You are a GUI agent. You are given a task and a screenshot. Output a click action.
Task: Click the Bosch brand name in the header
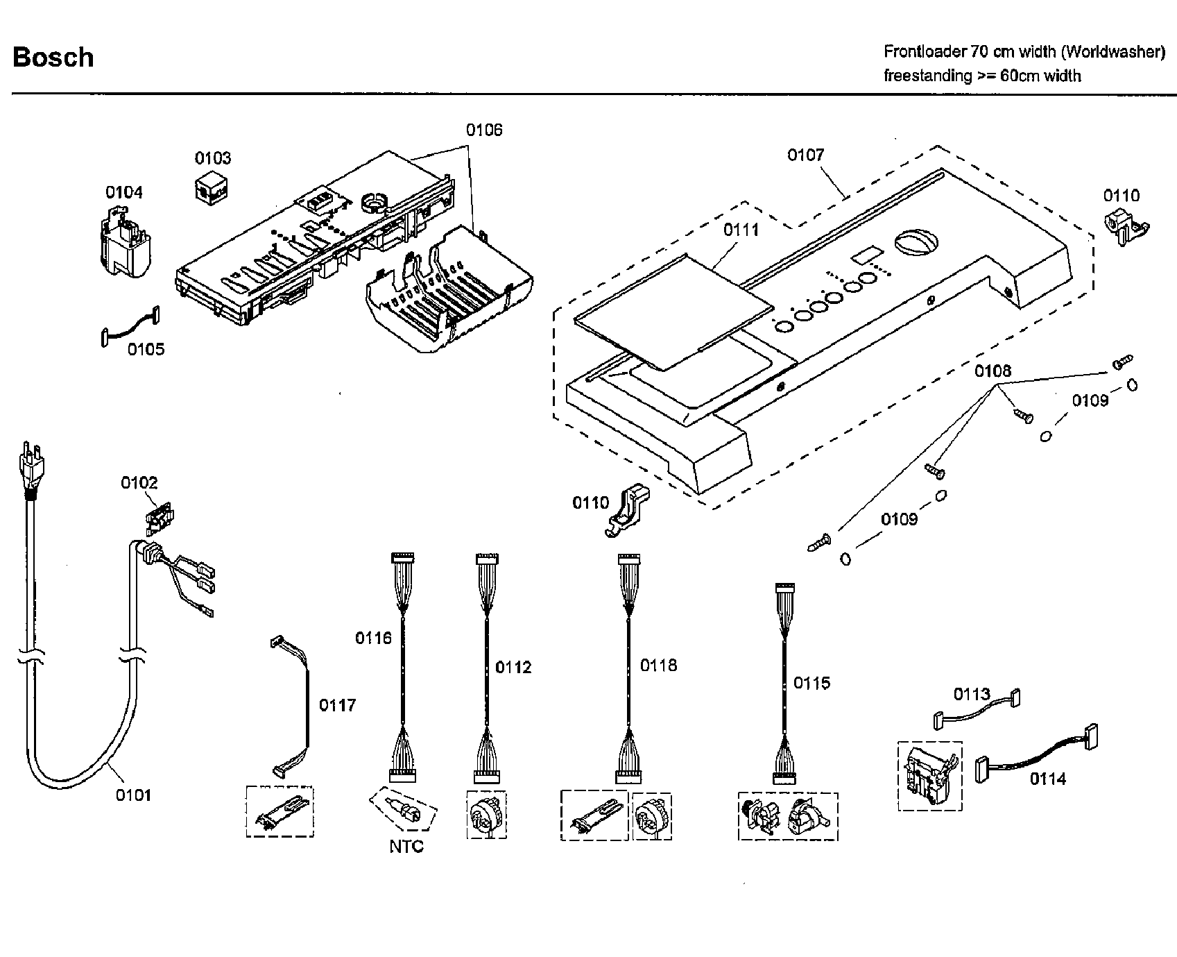53,57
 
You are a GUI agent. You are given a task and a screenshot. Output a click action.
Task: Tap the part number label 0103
213,158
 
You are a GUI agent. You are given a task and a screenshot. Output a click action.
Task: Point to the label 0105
146,349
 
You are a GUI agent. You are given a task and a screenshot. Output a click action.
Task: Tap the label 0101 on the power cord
133,795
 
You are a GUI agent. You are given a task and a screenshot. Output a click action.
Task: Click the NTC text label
406,847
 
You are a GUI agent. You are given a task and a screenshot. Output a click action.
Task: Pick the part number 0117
337,705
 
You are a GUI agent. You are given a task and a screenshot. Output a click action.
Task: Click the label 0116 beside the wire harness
373,638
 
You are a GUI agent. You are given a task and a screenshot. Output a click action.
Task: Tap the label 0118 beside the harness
658,666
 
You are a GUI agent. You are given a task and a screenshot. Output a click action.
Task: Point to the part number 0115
811,684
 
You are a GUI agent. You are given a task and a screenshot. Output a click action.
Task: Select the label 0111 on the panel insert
741,230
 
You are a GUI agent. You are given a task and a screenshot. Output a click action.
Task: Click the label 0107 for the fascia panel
805,155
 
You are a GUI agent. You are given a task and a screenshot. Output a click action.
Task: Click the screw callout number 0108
993,371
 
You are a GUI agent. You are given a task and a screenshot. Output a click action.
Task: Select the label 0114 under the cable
1047,779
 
